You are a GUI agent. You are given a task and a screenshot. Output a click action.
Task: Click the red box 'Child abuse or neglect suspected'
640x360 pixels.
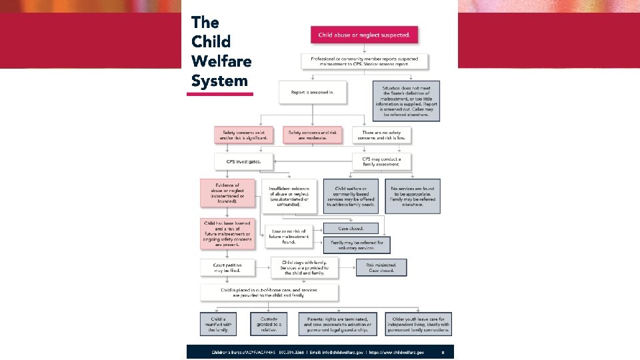tap(364, 35)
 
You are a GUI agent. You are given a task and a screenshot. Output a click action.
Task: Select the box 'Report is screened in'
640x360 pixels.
tap(313, 92)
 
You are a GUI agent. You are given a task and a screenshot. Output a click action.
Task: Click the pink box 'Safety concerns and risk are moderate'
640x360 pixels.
tap(313, 135)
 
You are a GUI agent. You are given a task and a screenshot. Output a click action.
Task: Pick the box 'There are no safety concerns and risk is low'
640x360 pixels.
tap(382, 135)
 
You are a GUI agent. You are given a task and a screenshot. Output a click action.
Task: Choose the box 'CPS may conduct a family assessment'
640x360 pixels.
tap(382, 161)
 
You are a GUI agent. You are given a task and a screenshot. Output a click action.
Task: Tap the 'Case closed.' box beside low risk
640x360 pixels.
tap(350, 228)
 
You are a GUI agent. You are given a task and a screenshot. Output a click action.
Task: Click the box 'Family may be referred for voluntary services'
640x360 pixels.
tap(357, 244)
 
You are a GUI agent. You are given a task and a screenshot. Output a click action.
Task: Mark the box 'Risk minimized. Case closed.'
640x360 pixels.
tap(380, 268)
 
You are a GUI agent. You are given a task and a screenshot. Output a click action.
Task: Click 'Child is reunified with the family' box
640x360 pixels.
tap(218, 324)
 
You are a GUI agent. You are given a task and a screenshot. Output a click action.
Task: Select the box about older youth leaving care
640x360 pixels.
tap(417, 324)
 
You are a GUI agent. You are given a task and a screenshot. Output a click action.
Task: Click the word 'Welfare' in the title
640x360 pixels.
tap(221, 61)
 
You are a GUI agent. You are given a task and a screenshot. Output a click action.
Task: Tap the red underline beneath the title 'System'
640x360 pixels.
tap(220, 94)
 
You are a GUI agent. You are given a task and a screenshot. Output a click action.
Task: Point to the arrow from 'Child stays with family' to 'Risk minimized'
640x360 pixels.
tap(346, 268)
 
